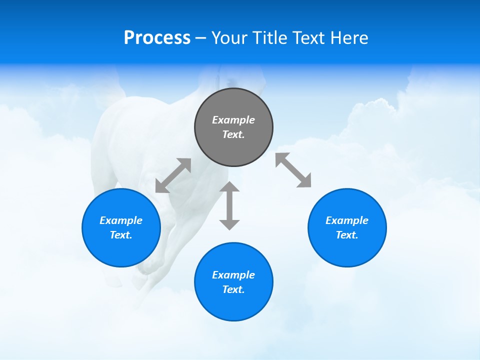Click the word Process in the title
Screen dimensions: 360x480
pos(157,38)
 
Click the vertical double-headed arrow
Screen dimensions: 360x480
pos(229,206)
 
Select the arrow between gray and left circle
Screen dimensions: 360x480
pos(173,175)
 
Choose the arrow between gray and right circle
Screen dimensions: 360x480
pos(293,170)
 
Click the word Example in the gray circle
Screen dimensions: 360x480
pos(233,120)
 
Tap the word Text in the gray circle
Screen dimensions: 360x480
pos(233,134)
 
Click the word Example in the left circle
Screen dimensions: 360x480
pos(121,220)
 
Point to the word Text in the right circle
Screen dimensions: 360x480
pos(347,235)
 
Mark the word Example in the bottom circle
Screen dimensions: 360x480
pos(233,275)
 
